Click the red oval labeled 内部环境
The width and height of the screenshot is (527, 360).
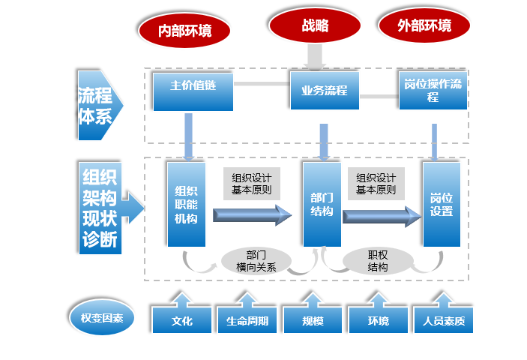184,30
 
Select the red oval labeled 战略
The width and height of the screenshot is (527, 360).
315,26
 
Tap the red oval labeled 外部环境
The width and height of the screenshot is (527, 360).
424,27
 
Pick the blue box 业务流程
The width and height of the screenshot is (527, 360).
324,91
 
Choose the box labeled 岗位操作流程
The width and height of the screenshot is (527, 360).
433,91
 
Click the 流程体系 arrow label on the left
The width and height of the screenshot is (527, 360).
95,106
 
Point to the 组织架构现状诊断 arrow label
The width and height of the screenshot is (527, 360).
104,208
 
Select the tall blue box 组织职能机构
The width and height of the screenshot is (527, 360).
186,204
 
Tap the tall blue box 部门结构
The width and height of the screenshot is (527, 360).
322,204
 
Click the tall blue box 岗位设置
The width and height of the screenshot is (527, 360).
441,204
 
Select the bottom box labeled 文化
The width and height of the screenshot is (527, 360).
181,321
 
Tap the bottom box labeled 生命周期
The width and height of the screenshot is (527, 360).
247,321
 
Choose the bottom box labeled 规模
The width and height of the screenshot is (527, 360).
313,321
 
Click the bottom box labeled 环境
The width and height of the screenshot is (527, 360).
378,321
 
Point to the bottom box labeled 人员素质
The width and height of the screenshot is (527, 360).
444,321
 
